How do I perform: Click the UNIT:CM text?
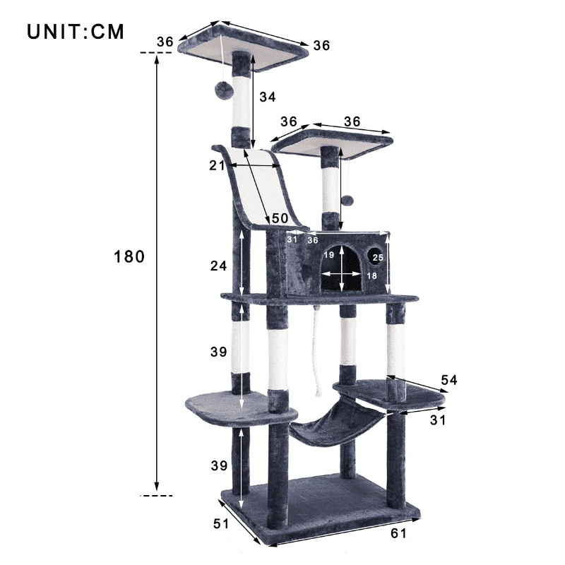pos(76,32)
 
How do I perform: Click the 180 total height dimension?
pos(129,257)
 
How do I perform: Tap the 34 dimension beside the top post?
pos(267,97)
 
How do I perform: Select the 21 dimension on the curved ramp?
pos(217,165)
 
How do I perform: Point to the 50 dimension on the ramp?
pos(280,219)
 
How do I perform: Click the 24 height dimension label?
pos(219,266)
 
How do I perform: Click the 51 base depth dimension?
pos(221,523)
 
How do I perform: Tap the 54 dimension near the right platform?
pos(449,380)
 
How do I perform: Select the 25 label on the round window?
pos(378,258)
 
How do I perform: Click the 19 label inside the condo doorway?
pos(329,255)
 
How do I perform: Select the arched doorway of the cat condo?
pos(342,270)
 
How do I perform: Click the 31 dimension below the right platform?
pos(438,420)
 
